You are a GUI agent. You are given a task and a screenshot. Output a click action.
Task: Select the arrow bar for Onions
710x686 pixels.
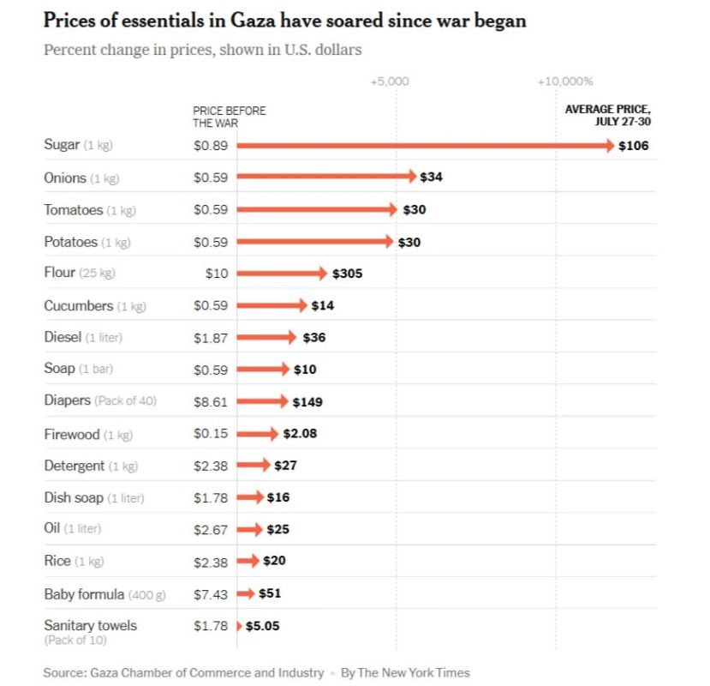tap(325, 177)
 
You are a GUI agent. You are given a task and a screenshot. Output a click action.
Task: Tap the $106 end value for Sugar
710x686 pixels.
tap(634, 146)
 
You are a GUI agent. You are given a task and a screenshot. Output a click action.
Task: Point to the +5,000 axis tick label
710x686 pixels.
tap(390, 81)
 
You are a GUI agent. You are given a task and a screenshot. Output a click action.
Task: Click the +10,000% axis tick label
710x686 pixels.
tap(565, 81)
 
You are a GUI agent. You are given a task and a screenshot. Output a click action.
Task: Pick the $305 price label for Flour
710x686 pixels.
tap(348, 274)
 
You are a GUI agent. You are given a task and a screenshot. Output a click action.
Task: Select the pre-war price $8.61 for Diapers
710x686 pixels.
tap(211, 401)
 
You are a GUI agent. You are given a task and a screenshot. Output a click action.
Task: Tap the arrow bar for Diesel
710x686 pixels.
tap(266, 337)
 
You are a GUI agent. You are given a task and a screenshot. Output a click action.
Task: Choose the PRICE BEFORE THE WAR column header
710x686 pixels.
tap(229, 117)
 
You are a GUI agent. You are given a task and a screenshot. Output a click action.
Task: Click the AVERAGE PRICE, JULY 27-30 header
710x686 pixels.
tap(607, 115)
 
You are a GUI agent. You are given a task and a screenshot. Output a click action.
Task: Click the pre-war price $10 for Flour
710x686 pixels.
tap(217, 274)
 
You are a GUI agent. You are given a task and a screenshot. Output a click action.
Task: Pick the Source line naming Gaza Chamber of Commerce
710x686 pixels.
tap(183, 672)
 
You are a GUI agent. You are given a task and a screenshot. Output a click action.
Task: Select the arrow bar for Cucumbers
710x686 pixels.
tap(271, 305)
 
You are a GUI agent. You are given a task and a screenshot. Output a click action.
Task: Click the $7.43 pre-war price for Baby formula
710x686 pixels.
tap(211, 593)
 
